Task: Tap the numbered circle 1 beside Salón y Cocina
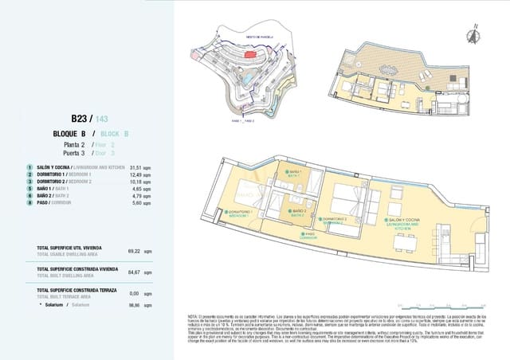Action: point(29,168)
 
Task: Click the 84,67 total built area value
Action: point(134,272)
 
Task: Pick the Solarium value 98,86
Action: point(134,304)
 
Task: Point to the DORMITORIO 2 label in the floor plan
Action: point(332,220)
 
